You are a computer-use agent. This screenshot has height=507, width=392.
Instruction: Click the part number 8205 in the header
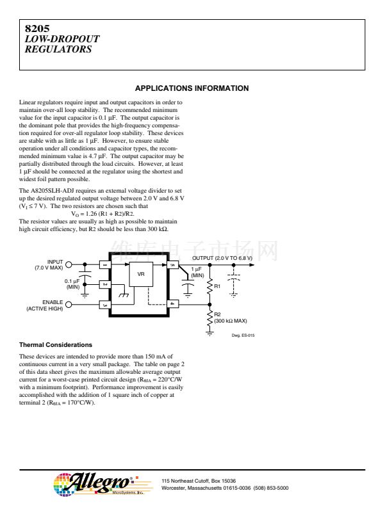point(37,29)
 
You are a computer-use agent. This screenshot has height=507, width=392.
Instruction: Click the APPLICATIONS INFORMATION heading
point(192,88)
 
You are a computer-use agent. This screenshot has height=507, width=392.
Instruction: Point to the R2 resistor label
point(218,314)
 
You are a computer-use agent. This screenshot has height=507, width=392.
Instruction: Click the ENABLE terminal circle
point(69,305)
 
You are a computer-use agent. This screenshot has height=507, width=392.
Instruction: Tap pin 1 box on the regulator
point(104,264)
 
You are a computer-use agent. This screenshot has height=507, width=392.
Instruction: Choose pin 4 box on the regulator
point(172,304)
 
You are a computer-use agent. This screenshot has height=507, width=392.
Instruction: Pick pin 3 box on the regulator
point(104,305)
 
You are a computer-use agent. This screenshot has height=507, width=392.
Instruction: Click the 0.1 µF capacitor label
point(72,284)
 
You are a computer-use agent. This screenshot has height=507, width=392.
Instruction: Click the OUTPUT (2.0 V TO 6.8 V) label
point(222,257)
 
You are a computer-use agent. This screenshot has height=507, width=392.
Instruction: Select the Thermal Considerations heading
point(56,345)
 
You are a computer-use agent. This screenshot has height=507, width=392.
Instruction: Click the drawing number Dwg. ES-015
point(243,335)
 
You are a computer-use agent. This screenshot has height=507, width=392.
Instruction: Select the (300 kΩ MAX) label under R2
point(230,321)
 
